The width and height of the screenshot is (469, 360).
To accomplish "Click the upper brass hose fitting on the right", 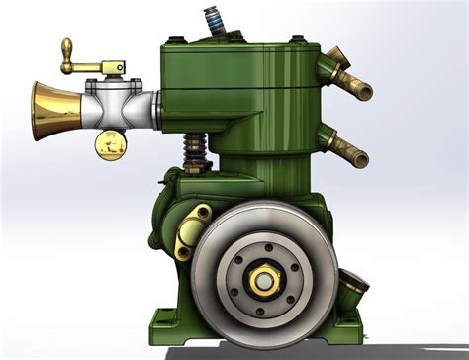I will (x=351, y=78).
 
